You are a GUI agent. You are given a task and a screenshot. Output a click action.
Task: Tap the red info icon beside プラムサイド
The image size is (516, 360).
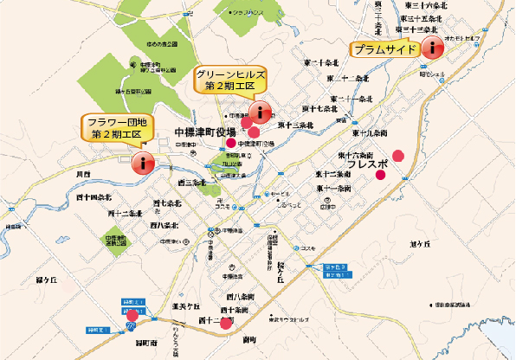click(431, 49)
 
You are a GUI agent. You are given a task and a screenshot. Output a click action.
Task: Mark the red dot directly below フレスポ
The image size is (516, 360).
click(380, 176)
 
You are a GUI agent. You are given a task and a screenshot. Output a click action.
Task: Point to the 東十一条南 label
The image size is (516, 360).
click(333, 188)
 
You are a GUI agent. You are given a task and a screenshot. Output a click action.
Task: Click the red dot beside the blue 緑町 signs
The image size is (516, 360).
click(131, 315)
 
